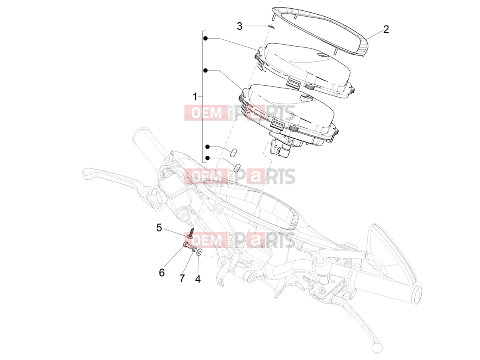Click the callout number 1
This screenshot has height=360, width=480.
(195, 97)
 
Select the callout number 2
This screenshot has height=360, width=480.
(386, 29)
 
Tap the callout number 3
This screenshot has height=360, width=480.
(240, 26)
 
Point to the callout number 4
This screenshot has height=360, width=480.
(198, 279)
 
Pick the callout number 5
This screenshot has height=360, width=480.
(159, 228)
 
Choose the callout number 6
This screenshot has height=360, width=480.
(162, 273)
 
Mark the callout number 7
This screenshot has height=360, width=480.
(182, 278)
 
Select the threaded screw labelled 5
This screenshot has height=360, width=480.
(190, 233)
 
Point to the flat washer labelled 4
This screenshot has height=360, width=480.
(200, 252)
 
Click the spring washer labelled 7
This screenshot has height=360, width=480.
(194, 249)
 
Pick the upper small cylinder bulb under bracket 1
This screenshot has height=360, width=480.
(234, 152)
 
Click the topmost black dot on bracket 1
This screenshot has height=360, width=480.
(205, 39)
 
